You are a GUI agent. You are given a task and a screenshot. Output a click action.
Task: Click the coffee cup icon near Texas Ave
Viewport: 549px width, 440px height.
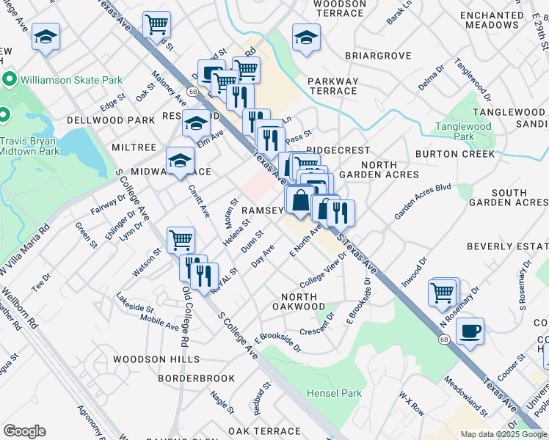point(470,329)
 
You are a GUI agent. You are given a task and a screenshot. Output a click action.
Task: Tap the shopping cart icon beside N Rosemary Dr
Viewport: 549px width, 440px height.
point(443,292)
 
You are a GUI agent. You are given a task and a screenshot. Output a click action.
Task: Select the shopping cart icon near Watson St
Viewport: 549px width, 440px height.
point(181,238)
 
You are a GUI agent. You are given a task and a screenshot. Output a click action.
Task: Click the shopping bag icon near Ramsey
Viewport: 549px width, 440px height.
point(300,199)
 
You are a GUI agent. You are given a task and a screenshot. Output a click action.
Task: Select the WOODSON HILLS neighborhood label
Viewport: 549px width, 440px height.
point(156,359)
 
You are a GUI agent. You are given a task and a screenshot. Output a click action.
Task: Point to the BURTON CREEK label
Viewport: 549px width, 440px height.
point(455,155)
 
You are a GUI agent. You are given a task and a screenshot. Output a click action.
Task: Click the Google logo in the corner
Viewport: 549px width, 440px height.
point(24,431)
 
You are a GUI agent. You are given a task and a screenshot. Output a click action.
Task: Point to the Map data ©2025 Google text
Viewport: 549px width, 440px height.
point(503,434)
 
